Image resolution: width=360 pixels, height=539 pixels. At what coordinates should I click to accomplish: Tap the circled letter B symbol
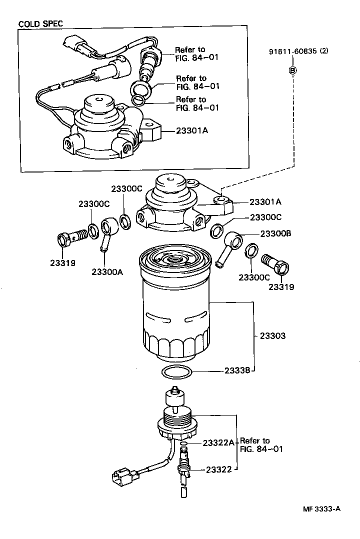coord(293,70)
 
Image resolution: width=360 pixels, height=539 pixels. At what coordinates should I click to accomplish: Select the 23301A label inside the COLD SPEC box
coord(192,130)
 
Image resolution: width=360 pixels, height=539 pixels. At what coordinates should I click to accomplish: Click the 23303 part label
coord(272,336)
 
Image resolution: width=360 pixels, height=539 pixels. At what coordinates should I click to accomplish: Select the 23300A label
coord(107,271)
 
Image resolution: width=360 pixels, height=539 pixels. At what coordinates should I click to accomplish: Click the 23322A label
coord(218,443)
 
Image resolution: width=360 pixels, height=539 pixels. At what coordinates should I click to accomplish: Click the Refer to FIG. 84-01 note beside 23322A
coord(261,444)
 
